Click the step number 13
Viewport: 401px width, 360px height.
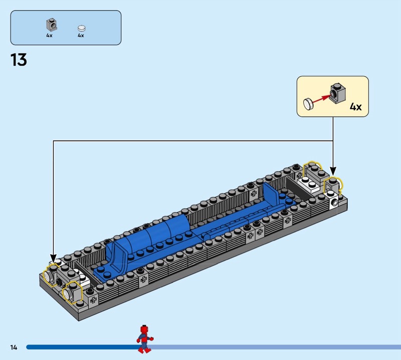(19, 60)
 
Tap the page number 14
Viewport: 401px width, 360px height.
(14, 347)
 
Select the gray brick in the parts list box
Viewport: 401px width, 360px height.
(52, 25)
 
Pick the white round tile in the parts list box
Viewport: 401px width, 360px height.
(81, 28)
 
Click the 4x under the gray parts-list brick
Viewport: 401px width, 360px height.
(49, 35)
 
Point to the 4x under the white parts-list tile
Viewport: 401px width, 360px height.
(81, 35)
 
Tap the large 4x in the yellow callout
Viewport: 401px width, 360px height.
(355, 106)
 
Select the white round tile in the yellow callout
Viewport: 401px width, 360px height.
(308, 104)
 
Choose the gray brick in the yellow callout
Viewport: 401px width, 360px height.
(338, 93)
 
